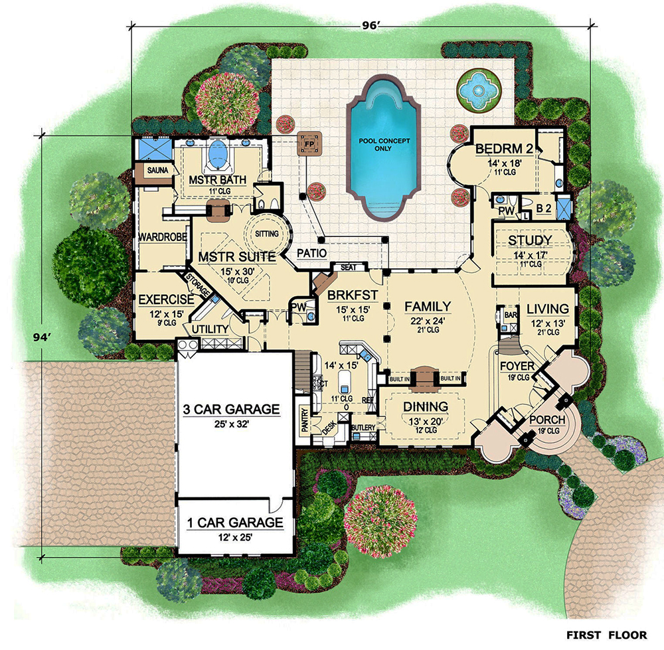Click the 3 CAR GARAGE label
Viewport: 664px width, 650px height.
(x=232, y=409)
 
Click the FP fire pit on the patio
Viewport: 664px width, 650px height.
(x=309, y=141)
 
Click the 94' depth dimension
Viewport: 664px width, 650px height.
(x=44, y=337)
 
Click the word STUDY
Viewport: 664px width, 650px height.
(x=530, y=240)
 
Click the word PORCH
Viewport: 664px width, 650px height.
(x=547, y=420)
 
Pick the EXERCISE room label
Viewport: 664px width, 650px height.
(x=166, y=300)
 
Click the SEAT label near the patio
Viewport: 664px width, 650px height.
(x=349, y=267)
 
